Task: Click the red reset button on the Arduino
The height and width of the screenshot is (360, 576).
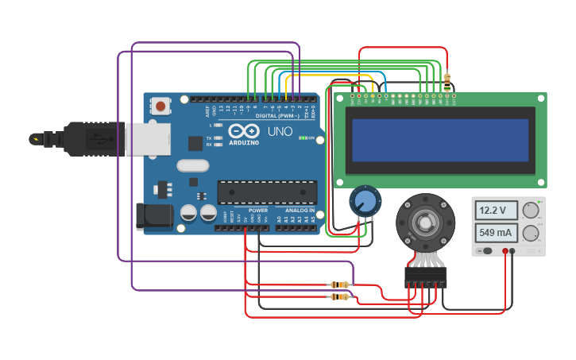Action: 161,105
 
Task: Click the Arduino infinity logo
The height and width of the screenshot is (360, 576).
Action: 242,130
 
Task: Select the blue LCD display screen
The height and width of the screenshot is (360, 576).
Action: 440,141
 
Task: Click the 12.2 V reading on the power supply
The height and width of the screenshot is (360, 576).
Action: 496,211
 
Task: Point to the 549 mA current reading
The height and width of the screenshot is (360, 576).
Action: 496,233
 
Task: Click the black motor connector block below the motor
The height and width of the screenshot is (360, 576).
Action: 425,277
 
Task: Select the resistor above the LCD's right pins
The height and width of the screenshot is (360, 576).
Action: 447,80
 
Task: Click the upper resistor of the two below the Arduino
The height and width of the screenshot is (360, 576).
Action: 341,285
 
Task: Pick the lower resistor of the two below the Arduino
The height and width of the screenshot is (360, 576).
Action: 341,297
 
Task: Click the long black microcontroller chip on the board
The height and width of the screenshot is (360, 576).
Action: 267,192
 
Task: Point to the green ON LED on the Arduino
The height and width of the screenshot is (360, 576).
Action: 303,137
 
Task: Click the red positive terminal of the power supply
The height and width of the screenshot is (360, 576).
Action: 504,251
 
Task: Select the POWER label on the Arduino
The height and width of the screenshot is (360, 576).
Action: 257,211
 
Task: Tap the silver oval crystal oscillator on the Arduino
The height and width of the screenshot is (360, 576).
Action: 193,166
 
